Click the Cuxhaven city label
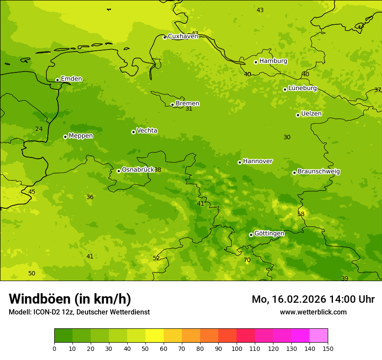tap(183, 36)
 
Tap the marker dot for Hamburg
tap(256, 62)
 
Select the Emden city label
tap(71, 79)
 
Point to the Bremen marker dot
tap(172, 105)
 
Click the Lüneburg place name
tap(302, 88)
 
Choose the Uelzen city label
tap(311, 114)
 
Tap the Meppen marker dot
tap(65, 137)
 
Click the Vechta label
tap(147, 131)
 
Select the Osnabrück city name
tap(138, 170)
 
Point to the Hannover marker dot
tap(240, 162)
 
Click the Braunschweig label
tap(319, 172)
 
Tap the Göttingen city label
tap(269, 234)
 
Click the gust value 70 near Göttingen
tap(247, 260)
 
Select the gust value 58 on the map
tap(301, 214)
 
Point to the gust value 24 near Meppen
tap(39, 129)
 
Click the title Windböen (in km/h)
tap(70, 299)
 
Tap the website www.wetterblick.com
tap(313, 312)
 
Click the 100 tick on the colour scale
tap(237, 348)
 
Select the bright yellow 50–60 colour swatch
tap(155, 336)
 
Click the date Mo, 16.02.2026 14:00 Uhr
tap(313, 299)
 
